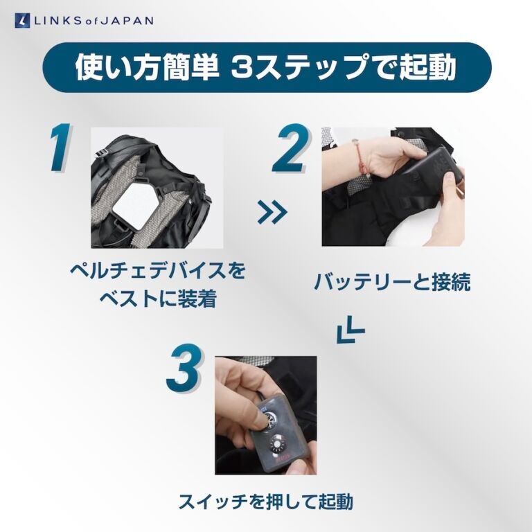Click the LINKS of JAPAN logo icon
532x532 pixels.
[22, 20]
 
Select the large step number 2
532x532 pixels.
[292, 148]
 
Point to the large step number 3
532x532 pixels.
[185, 368]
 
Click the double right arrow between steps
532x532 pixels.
[272, 212]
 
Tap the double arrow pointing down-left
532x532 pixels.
[350, 330]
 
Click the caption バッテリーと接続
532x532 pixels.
[392, 282]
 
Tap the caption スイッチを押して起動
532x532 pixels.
[266, 502]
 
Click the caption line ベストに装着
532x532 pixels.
[158, 299]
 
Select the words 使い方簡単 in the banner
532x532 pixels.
[147, 67]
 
